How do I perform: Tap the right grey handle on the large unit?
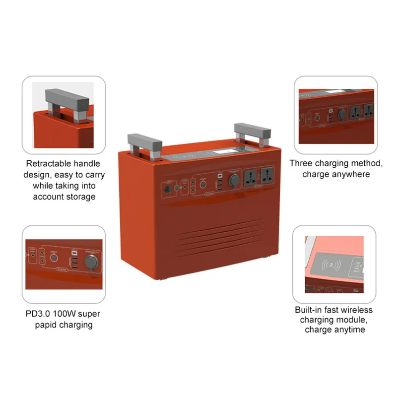[253, 131]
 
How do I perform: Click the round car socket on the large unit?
[232, 180]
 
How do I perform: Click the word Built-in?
[309, 310]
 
